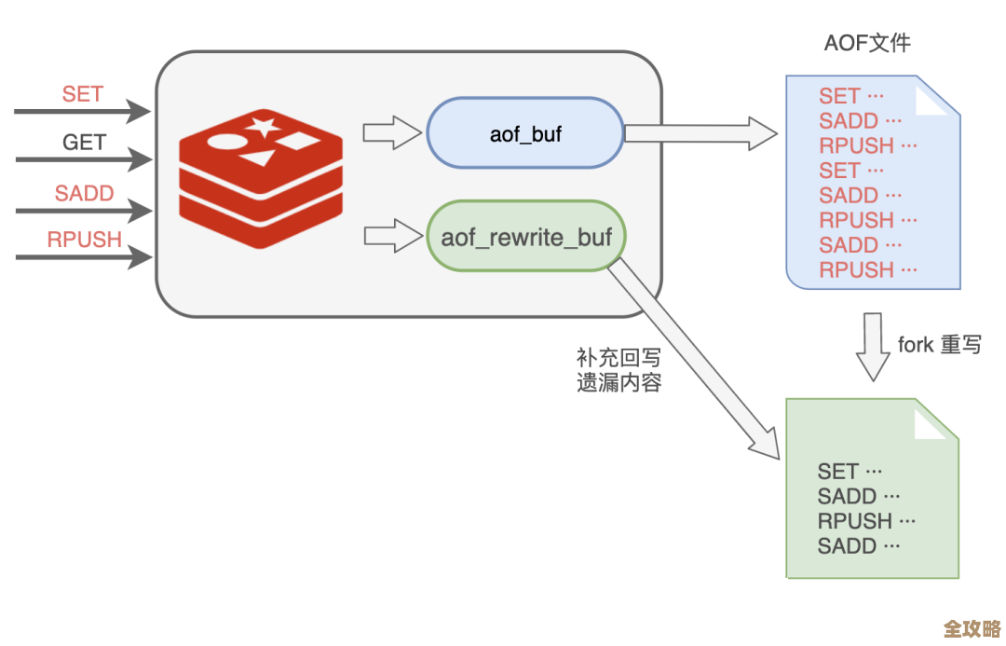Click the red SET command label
click(83, 94)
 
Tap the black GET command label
click(84, 143)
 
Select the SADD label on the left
click(84, 194)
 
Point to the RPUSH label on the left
click(85, 240)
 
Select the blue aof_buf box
click(525, 134)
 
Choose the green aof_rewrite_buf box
click(526, 237)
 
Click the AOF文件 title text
click(867, 43)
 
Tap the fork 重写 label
click(939, 344)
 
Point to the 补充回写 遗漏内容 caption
click(619, 370)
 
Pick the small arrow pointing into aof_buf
click(392, 132)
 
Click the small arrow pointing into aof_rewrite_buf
click(392, 235)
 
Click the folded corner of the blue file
click(935, 97)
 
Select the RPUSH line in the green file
click(867, 521)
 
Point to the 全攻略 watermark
click(972, 627)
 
